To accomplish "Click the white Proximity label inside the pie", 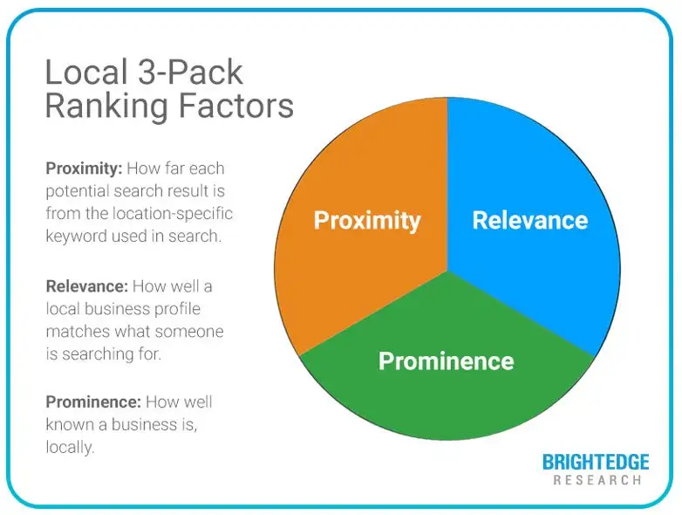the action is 367,221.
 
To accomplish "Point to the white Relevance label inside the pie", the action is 530,220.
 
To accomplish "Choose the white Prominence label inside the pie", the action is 447,360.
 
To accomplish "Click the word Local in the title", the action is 86,72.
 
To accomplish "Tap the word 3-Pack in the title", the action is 189,72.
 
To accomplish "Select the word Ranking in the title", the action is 106,106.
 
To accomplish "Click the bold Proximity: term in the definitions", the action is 84,168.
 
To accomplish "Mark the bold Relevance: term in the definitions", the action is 87,286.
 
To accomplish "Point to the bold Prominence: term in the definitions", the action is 93,402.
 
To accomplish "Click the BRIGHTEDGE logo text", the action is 596,462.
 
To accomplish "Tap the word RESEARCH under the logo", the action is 597,480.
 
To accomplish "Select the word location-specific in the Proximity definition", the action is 173,214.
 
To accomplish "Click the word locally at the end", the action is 70,447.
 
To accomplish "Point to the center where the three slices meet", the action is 447,270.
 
